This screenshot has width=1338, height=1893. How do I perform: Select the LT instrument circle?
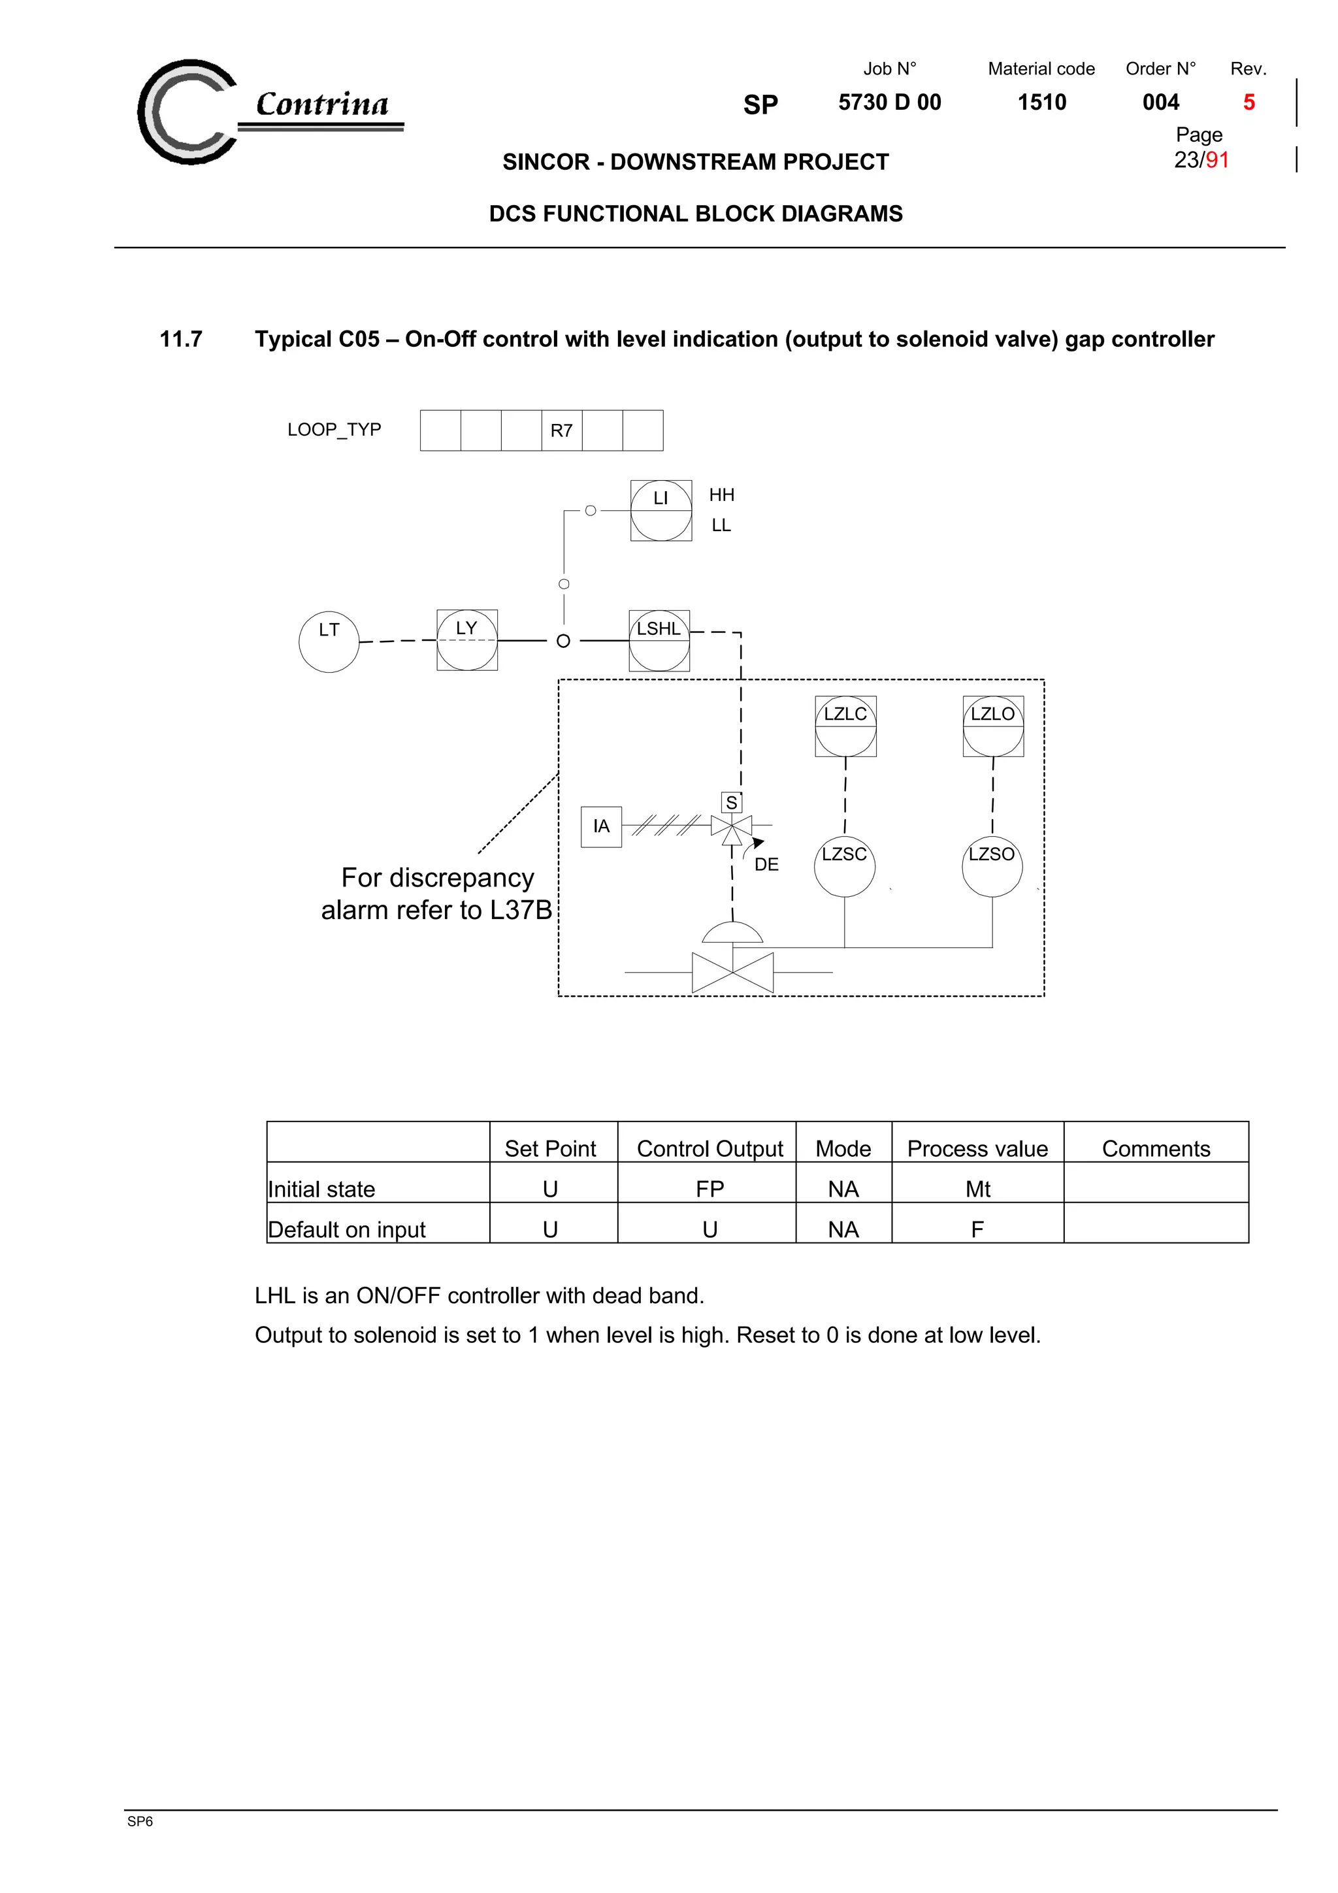tap(329, 641)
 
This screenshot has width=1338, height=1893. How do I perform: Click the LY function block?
tap(466, 639)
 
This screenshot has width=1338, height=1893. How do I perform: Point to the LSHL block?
tap(659, 639)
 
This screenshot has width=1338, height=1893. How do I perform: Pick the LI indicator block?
tap(661, 510)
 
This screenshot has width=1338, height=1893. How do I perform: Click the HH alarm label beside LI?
tap(721, 494)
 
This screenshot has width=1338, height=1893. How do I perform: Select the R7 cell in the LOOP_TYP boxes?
tap(561, 430)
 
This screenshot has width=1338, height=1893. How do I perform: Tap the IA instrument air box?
tap(601, 826)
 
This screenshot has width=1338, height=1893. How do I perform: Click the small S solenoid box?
tap(731, 802)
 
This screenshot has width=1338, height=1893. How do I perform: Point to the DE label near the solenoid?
tap(766, 864)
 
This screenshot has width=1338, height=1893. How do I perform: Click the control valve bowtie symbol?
tap(732, 972)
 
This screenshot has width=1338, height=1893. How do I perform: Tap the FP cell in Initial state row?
tap(709, 1188)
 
